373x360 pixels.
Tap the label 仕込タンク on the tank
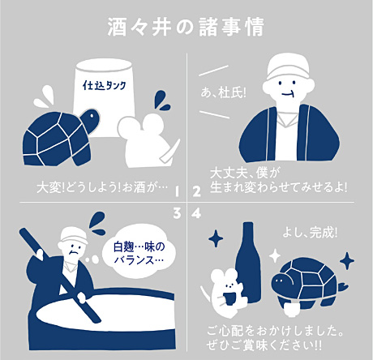click(109, 84)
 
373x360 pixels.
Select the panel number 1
click(176, 191)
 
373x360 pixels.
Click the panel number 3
click(176, 213)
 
